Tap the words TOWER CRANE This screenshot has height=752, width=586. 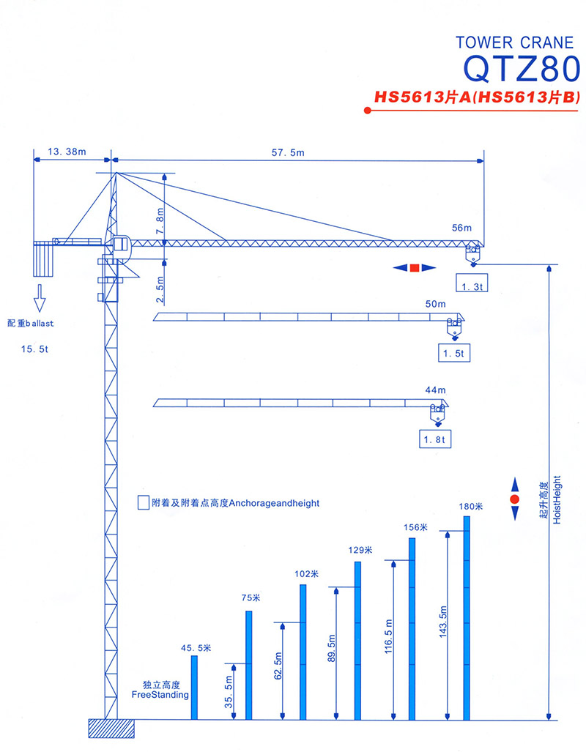514,42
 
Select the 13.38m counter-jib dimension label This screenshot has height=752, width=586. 67,152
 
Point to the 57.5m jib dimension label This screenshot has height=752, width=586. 288,152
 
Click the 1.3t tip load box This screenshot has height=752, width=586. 472,283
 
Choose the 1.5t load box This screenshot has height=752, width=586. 453,353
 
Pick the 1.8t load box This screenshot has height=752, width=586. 435,439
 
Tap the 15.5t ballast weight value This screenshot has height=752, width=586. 34,349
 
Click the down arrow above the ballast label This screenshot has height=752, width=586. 40,298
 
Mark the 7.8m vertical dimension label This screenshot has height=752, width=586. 160,220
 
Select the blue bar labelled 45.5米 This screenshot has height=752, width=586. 194,688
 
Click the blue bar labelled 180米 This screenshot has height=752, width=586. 467,618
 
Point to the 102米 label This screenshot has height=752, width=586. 307,573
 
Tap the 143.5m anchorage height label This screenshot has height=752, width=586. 442,622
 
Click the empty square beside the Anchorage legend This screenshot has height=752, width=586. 143,502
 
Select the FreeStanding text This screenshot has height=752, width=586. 160,694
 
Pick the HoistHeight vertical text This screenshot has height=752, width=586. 557,499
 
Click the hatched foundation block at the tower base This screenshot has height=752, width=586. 111,729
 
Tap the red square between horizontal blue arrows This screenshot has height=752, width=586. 415,267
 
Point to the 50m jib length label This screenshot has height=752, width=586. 435,304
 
